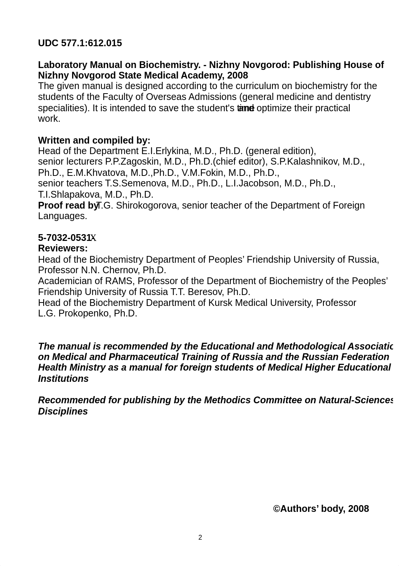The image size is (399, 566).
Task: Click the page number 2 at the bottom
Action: point(200,538)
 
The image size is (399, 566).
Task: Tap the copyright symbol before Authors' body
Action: point(277,509)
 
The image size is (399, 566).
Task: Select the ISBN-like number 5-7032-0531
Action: point(65,238)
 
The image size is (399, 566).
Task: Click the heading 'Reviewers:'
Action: point(63,248)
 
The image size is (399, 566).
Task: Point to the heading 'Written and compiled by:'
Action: point(94,141)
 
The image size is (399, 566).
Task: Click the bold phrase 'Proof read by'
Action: point(68,206)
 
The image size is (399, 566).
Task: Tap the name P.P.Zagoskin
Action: point(133,162)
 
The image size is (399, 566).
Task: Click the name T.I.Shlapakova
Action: point(70,195)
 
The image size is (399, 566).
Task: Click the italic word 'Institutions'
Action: point(63,379)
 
